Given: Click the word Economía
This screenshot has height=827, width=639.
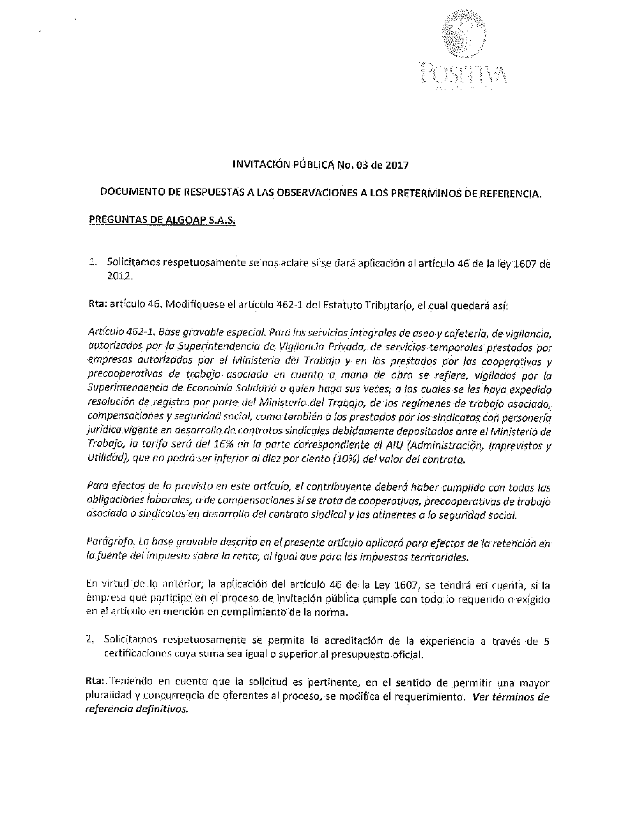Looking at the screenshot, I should pyautogui.click(x=212, y=389).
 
